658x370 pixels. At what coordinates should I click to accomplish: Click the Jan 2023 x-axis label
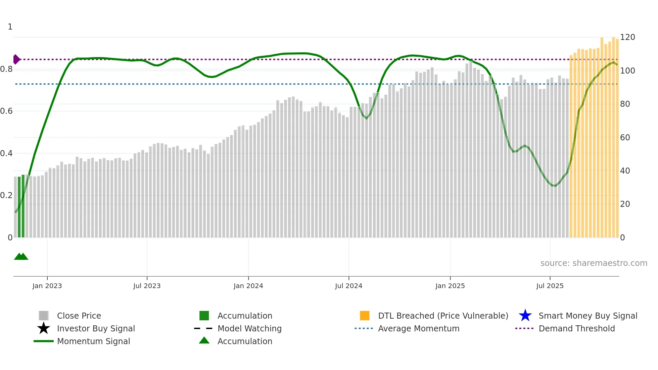(47, 286)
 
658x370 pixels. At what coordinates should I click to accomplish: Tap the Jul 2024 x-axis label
(348, 286)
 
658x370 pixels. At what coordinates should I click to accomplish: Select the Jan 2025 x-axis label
(450, 286)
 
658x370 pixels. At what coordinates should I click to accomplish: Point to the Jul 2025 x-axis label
(550, 286)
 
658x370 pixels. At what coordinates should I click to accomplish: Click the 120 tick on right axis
(627, 37)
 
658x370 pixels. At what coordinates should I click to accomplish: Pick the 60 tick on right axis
(625, 137)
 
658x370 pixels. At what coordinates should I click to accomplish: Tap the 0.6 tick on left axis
(6, 111)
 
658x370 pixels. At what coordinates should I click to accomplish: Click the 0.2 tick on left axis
(6, 195)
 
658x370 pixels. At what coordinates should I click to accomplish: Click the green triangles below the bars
(21, 257)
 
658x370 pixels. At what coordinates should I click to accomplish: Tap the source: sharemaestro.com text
(594, 263)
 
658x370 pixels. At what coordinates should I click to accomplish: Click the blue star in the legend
(525, 316)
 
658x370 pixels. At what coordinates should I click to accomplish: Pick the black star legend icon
(44, 328)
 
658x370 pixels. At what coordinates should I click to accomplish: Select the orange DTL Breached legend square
(365, 316)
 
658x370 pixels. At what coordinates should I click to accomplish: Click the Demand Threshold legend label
(576, 328)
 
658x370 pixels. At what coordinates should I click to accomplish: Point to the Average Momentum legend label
(419, 328)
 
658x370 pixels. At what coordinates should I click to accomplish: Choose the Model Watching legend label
(249, 328)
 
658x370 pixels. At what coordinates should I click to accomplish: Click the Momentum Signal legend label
(93, 341)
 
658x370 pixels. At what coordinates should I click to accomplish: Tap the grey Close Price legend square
(44, 316)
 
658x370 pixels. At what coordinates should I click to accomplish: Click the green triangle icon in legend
(204, 340)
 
